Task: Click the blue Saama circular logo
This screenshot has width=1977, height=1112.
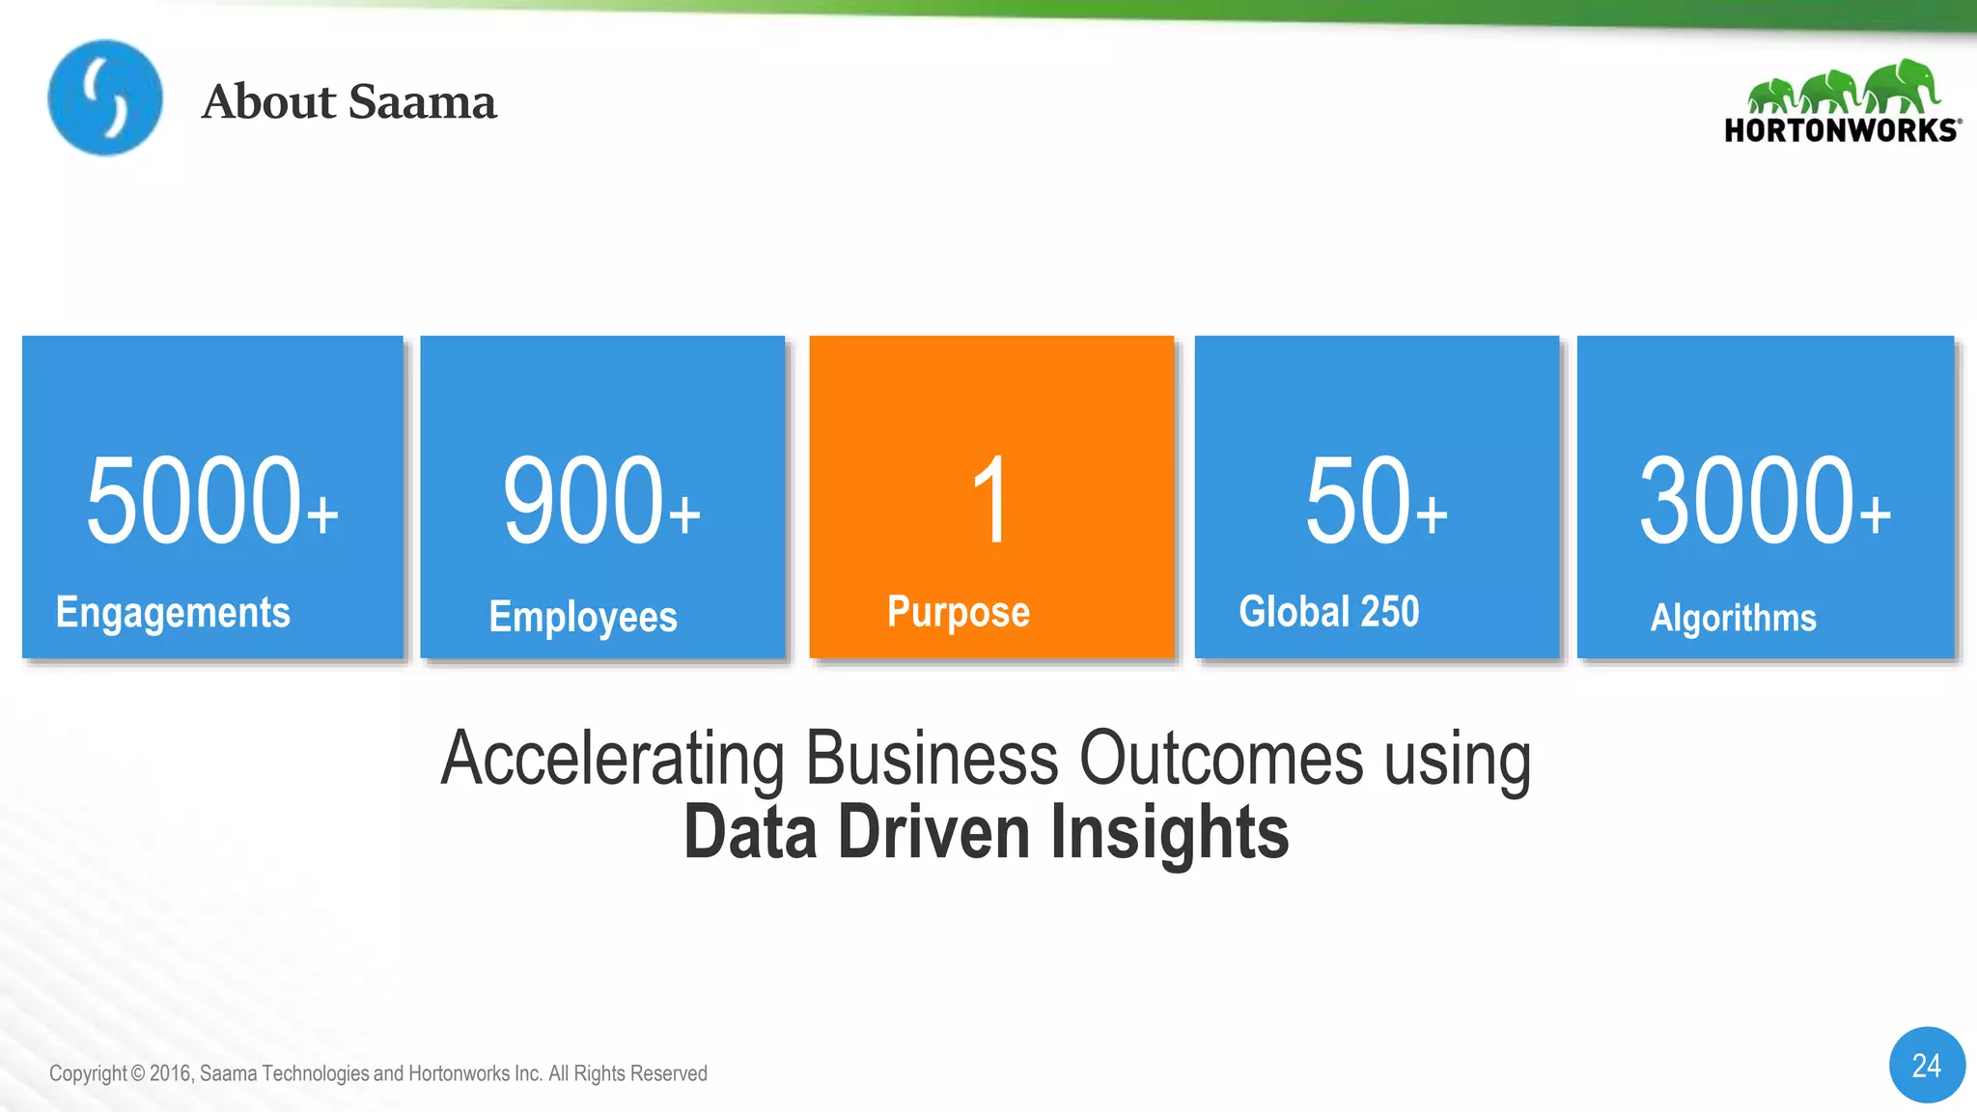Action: coord(105,97)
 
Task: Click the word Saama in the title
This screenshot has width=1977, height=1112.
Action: coord(422,101)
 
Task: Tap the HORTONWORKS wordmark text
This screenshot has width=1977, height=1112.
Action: coord(1841,130)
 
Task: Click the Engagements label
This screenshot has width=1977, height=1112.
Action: coord(173,613)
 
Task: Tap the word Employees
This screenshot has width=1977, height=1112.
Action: coord(583,617)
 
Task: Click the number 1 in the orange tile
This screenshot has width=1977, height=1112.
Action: coord(990,500)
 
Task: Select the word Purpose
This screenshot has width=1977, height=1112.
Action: coord(959,612)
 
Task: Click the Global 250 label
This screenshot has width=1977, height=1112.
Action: coord(1329,611)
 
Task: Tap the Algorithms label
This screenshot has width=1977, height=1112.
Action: coord(1733,618)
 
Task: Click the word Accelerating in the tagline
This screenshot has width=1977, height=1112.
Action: coord(612,759)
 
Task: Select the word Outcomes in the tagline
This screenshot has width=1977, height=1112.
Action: coord(1220,759)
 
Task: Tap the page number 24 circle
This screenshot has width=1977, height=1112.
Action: coord(1927,1065)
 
